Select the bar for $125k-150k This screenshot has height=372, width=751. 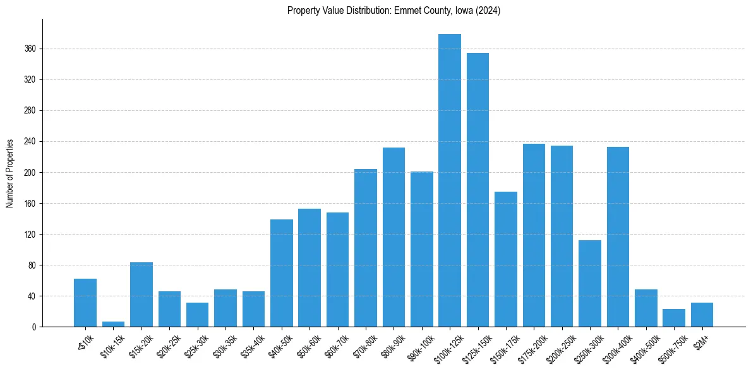pos(478,190)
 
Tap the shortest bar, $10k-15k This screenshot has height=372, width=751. pos(113,324)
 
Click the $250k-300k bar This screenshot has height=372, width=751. pos(589,283)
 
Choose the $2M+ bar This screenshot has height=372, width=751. pos(702,315)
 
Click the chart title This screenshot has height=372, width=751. pos(394,11)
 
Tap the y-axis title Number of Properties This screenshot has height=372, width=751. pos(10,173)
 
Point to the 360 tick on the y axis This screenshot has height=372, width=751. pos(30,49)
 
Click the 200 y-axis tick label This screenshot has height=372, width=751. pos(30,172)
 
